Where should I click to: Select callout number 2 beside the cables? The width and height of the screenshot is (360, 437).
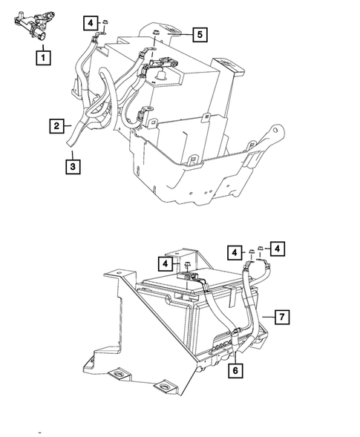tap(56, 127)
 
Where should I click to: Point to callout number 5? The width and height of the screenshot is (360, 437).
tap(200, 33)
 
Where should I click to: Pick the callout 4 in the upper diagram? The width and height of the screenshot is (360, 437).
tap(89, 23)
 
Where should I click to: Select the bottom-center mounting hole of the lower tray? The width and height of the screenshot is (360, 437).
tap(162, 387)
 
